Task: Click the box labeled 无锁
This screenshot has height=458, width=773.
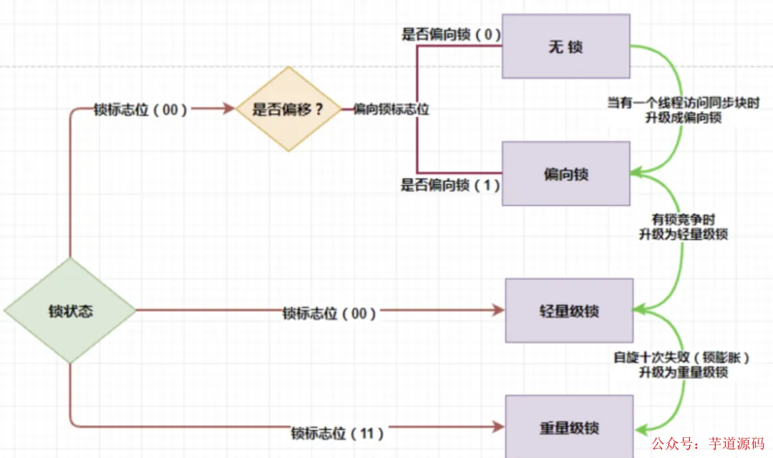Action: pyautogui.click(x=565, y=46)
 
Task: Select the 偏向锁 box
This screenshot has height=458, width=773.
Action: pyautogui.click(x=565, y=173)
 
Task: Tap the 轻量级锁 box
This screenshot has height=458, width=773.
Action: pyautogui.click(x=569, y=311)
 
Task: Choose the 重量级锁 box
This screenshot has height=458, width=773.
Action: pyautogui.click(x=569, y=428)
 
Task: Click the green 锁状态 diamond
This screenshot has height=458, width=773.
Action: pyautogui.click(x=70, y=311)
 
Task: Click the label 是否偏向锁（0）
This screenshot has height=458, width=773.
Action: pyautogui.click(x=450, y=33)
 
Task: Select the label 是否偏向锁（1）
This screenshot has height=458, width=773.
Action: pyautogui.click(x=450, y=185)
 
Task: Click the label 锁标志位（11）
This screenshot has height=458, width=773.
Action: pyautogui.click(x=337, y=433)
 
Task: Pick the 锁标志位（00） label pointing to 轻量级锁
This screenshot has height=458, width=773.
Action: pyautogui.click(x=329, y=313)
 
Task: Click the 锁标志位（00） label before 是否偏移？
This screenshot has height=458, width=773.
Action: pyautogui.click(x=140, y=110)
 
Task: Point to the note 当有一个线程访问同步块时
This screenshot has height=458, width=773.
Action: pyautogui.click(x=683, y=103)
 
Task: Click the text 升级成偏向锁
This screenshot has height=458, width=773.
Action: pyautogui.click(x=683, y=118)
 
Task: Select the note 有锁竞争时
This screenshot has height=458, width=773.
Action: pyautogui.click(x=683, y=219)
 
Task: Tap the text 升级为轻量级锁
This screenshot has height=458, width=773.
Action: pyautogui.click(x=683, y=234)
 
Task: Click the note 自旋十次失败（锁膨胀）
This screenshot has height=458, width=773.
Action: pyautogui.click(x=683, y=357)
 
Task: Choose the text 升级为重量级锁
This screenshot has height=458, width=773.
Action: pyautogui.click(x=683, y=371)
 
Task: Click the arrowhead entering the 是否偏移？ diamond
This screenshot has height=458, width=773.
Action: pyautogui.click(x=230, y=109)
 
